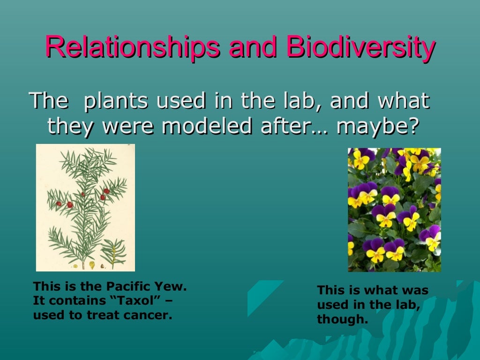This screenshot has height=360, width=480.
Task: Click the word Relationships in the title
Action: (x=132, y=48)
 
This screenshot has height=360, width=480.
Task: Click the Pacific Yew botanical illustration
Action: (x=85, y=208)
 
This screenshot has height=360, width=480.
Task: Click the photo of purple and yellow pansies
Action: (x=394, y=210)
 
